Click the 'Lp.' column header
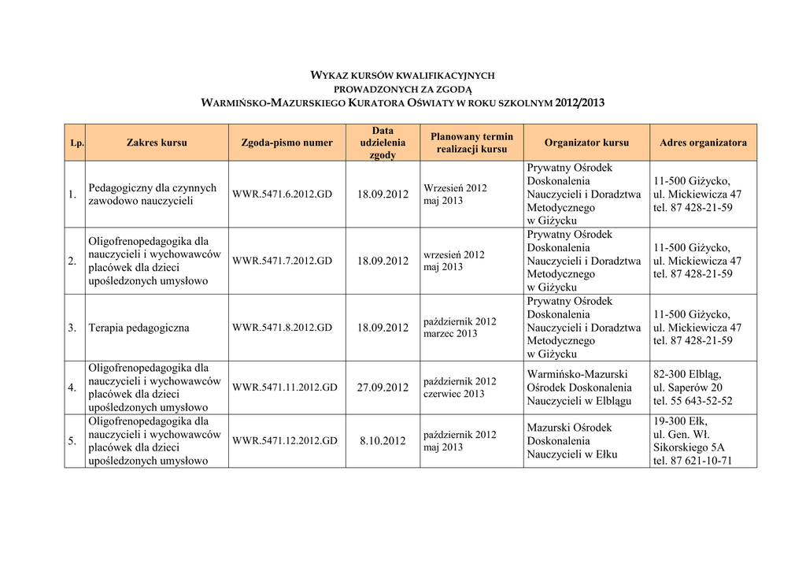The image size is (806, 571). (x=76, y=143)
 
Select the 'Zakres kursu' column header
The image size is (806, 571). (x=157, y=143)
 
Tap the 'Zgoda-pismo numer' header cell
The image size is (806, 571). (x=287, y=143)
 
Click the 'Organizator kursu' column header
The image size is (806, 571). (x=586, y=143)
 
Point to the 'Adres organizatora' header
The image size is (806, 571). (x=703, y=143)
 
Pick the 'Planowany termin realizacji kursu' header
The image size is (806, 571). (x=471, y=143)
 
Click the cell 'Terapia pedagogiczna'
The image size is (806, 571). (x=139, y=328)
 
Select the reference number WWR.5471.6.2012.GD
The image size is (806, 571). (x=282, y=195)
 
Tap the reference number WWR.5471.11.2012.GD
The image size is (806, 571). (x=285, y=387)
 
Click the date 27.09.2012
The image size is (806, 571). (x=383, y=387)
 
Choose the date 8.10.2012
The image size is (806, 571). (x=383, y=441)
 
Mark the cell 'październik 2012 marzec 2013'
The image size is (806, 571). (x=460, y=328)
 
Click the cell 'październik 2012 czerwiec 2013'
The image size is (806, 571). (x=460, y=387)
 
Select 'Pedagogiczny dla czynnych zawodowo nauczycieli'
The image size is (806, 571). (x=152, y=195)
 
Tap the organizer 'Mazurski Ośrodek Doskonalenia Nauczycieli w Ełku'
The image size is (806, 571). (x=572, y=441)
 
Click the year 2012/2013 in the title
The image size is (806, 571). (x=579, y=103)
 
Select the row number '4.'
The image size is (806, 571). (x=72, y=387)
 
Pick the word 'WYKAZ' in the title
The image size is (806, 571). (x=328, y=76)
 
